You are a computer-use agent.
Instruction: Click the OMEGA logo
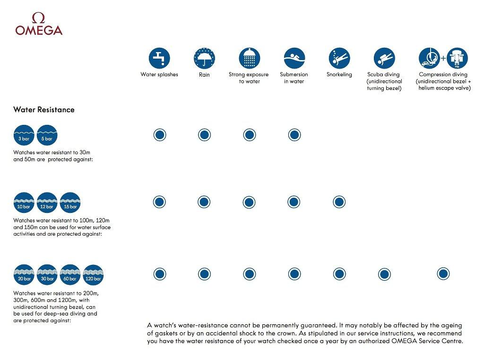click(x=39, y=25)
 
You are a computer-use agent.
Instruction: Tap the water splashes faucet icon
click(x=159, y=58)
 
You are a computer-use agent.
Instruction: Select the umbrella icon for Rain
click(x=204, y=58)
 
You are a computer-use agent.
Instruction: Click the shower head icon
click(x=249, y=58)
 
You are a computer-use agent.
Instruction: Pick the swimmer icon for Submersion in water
click(x=294, y=58)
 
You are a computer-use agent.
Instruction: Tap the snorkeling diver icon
click(x=339, y=58)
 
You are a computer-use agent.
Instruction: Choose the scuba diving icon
click(x=384, y=58)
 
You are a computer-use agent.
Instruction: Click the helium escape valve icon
click(x=457, y=58)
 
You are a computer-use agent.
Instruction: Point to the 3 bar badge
click(x=24, y=135)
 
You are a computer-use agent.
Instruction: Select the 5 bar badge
click(x=47, y=135)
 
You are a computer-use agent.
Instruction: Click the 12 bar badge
click(x=47, y=202)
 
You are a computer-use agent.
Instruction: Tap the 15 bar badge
click(x=70, y=202)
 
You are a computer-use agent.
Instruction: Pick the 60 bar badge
click(x=70, y=275)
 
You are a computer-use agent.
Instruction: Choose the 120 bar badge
click(x=93, y=275)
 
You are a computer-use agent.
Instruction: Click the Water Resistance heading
click(x=44, y=110)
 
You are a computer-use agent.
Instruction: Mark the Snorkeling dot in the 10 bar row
click(x=339, y=202)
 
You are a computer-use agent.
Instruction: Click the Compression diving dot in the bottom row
click(x=443, y=273)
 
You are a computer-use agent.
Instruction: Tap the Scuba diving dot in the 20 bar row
click(x=384, y=274)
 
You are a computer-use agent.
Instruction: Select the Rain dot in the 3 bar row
click(x=204, y=135)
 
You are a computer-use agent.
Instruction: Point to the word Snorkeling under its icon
click(x=339, y=75)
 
